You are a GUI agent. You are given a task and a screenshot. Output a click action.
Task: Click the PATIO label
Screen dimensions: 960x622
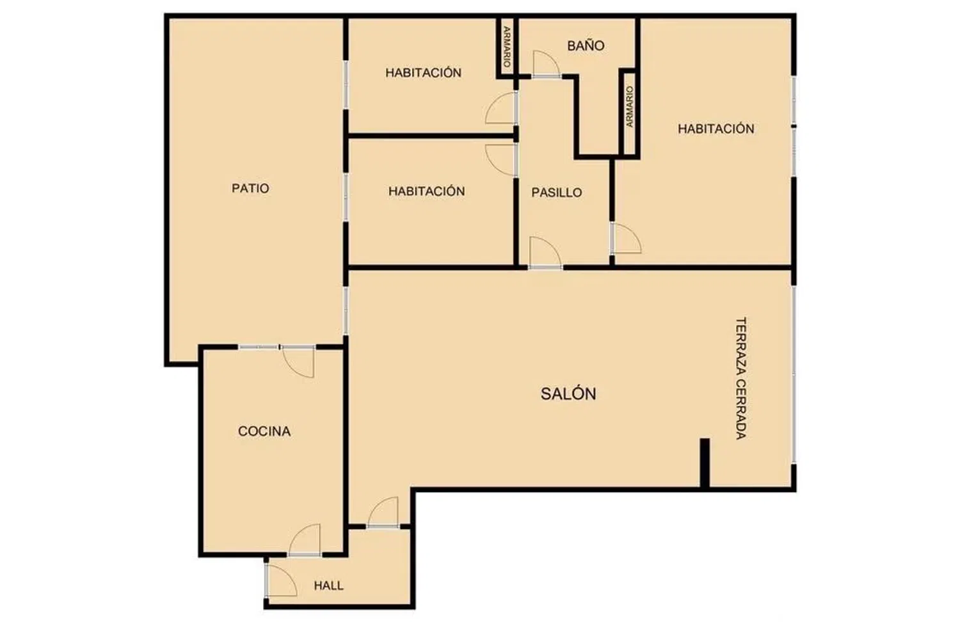[x=250, y=188]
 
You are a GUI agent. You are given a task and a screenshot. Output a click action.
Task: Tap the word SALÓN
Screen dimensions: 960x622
[x=568, y=394]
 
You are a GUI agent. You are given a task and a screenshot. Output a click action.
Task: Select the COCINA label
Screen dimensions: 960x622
[x=264, y=431]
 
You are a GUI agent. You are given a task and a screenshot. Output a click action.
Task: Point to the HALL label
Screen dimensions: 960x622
[x=329, y=586]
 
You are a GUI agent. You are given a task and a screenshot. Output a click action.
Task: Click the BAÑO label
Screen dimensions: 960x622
[x=586, y=45]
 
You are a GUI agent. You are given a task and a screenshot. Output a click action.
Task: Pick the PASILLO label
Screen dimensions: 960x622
[x=557, y=193]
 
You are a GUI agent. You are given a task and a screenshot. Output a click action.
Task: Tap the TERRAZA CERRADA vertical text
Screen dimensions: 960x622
[x=741, y=378]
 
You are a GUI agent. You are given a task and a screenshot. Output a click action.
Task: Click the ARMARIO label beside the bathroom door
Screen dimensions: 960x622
[x=507, y=47]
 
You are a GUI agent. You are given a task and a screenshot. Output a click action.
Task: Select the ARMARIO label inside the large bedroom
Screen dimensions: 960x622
[x=629, y=107]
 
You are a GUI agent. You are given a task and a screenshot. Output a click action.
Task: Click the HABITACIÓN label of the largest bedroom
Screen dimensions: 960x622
[x=716, y=129]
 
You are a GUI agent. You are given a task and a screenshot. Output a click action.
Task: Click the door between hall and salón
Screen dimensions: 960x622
[x=383, y=512]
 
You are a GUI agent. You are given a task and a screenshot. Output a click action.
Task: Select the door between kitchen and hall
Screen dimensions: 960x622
[x=305, y=540]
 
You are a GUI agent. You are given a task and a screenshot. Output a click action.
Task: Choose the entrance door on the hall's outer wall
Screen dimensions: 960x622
[x=281, y=580]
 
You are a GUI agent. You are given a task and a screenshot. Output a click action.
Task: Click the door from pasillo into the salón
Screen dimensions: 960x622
[x=545, y=253]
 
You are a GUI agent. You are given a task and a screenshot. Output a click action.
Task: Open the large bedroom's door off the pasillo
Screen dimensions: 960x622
[x=626, y=238]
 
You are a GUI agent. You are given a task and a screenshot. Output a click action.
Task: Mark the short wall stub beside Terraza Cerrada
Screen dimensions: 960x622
[x=705, y=463]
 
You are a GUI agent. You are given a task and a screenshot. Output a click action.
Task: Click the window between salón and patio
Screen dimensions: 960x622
[x=346, y=310]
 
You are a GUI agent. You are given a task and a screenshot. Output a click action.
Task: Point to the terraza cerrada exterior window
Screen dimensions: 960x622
[x=794, y=374]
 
